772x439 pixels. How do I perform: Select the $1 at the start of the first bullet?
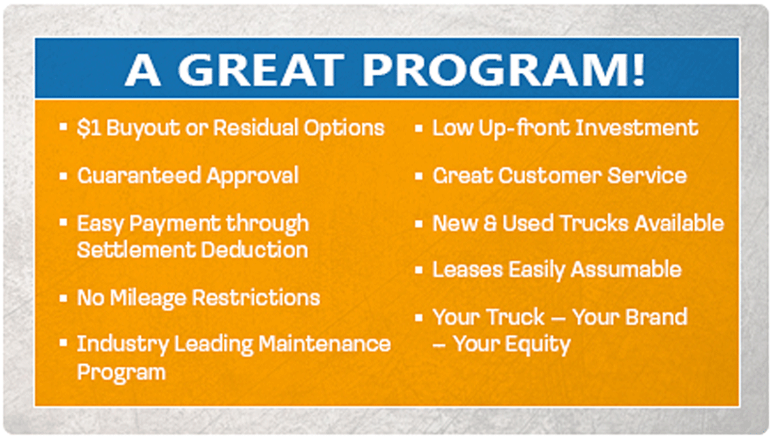(88, 128)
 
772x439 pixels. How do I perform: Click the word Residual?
(255, 127)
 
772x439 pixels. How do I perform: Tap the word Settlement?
(135, 250)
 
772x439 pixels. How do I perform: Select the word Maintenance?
(324, 344)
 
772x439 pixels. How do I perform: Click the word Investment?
(637, 127)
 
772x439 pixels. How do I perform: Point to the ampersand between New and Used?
(490, 223)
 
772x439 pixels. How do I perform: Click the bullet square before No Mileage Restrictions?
(63, 298)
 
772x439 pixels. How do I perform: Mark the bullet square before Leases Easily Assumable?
(418, 270)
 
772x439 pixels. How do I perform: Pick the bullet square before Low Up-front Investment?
(418, 128)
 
